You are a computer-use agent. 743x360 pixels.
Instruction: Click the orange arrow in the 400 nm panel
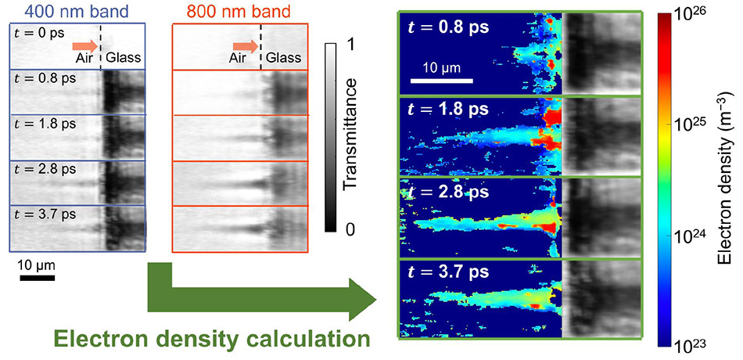point(84,45)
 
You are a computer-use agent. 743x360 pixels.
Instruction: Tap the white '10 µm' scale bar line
point(442,80)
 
